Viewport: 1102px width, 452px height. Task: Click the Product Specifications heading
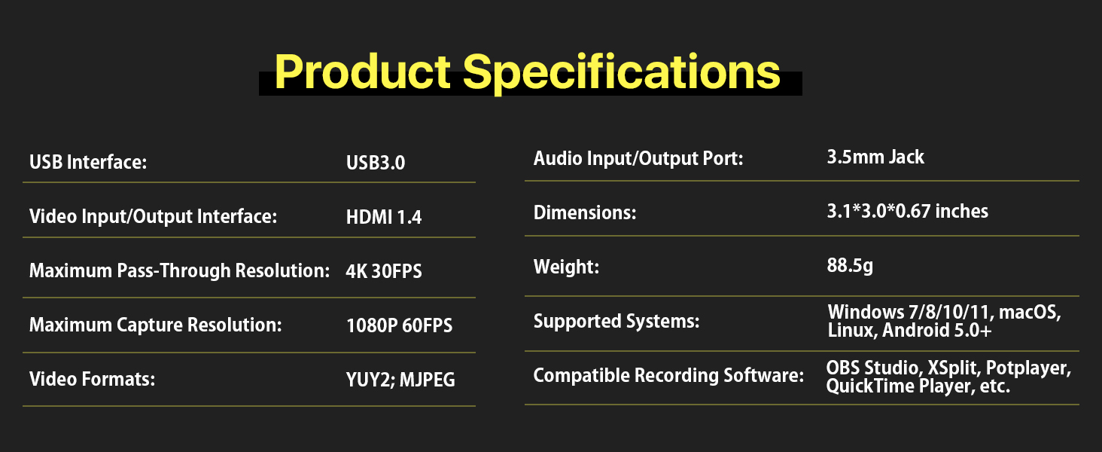click(x=527, y=72)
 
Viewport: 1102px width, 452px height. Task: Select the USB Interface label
click(x=87, y=163)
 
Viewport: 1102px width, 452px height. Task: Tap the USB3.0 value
click(x=376, y=163)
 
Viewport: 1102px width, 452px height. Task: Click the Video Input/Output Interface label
click(x=154, y=217)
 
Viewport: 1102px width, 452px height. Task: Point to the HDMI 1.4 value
click(x=384, y=218)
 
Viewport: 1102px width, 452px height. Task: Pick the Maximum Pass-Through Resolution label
click(x=179, y=271)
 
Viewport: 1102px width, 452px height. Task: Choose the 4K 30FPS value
click(x=384, y=271)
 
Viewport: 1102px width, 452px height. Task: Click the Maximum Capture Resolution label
click(x=155, y=325)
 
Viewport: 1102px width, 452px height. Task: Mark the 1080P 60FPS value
click(x=399, y=325)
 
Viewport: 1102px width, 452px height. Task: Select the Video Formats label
click(x=92, y=379)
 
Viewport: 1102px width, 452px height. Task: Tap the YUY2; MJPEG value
click(x=400, y=380)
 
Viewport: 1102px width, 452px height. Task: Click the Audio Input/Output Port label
click(x=638, y=159)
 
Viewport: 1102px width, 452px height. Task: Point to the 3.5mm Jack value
click(x=875, y=157)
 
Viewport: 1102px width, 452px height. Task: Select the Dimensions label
click(x=585, y=213)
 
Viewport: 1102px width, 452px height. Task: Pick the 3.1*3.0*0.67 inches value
click(x=907, y=212)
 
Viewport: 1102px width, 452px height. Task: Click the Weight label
click(x=566, y=267)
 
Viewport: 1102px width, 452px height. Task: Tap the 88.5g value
click(x=850, y=266)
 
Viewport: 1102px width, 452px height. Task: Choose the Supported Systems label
click(x=616, y=322)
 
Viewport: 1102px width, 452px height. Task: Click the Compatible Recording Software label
click(x=668, y=374)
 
